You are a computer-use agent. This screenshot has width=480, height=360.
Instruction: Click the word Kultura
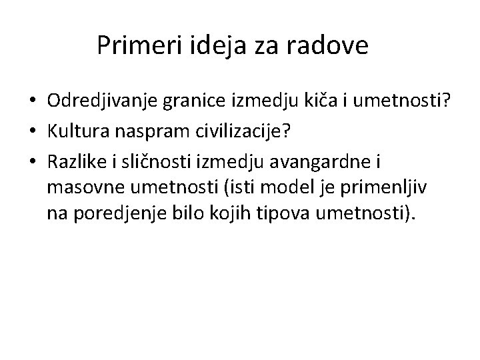click(76, 131)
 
